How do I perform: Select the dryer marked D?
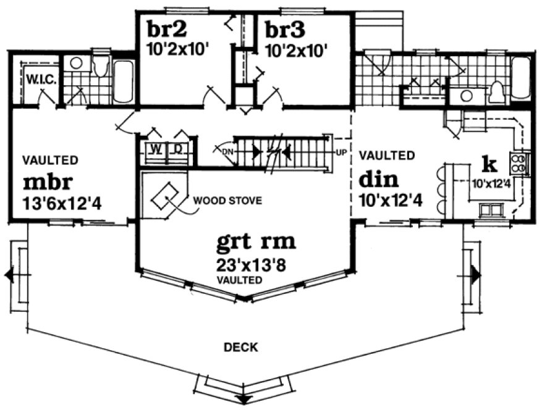coord(177,149)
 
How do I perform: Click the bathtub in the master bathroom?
coord(124,81)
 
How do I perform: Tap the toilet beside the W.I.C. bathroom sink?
coord(101,65)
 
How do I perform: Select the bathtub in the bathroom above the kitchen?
coord(520,78)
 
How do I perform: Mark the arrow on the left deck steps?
coord(9,275)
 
